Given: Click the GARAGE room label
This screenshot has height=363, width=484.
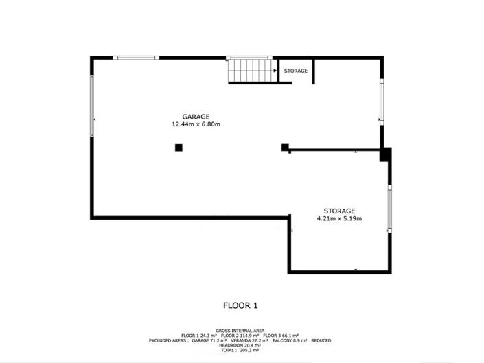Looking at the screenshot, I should coord(196,116).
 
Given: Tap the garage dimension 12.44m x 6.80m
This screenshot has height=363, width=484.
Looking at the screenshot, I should coord(196,124).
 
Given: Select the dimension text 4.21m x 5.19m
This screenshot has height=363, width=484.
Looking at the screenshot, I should coord(339,219).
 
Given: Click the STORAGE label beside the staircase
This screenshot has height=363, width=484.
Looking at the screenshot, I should coord(296,71).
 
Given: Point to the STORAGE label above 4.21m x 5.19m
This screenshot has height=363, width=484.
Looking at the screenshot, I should coord(339,211).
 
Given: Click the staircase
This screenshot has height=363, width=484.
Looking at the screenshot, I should coord(251,70).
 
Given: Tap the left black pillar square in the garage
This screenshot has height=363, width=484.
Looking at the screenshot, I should coord(178,147).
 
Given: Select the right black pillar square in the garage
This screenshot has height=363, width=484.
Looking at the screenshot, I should coord(285,146).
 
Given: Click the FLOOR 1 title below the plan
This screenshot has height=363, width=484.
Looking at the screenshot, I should coord(241,305).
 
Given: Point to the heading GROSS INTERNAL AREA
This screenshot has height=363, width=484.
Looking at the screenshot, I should coord(241,329).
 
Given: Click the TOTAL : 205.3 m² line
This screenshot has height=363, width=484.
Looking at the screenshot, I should coord(241,350).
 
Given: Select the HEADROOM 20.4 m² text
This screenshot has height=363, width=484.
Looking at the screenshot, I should coord(241,345).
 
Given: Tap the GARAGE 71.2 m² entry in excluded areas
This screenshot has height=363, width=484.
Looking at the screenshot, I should coord(213,340).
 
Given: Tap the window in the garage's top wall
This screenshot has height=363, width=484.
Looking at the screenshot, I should coord(137,58).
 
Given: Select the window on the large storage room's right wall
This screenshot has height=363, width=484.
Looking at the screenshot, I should coord(390,209).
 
